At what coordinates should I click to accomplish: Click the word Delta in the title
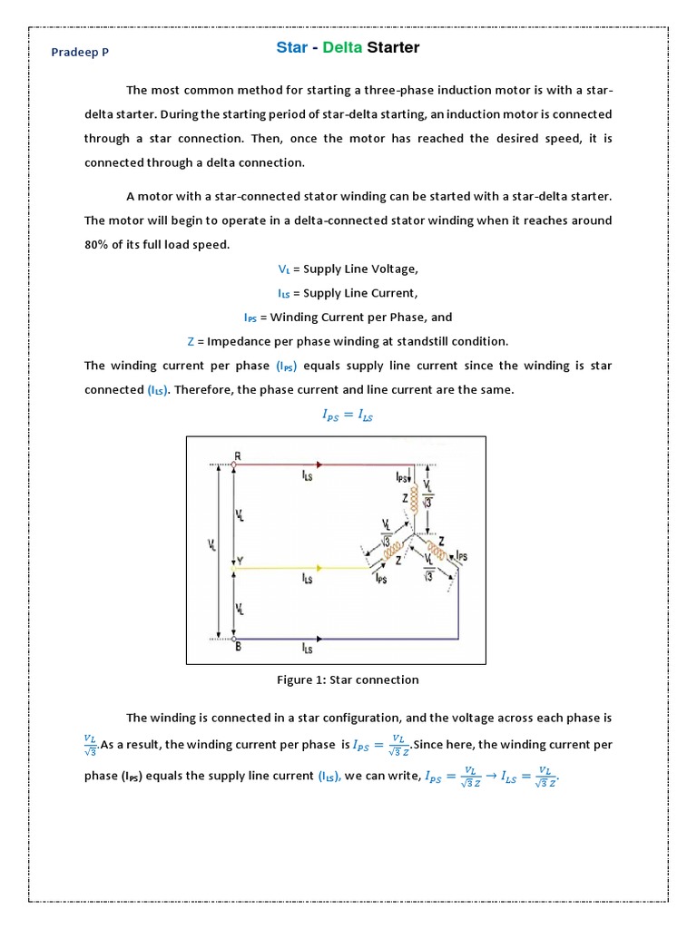(340, 47)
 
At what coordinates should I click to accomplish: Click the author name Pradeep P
(80, 53)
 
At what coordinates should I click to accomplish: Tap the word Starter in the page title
(392, 47)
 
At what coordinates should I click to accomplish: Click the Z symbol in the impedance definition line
(191, 341)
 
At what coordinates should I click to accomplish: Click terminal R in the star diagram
(237, 455)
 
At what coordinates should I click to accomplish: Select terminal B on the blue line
(238, 646)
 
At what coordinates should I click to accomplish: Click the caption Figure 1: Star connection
(348, 680)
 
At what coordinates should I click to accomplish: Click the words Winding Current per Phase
(361, 317)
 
